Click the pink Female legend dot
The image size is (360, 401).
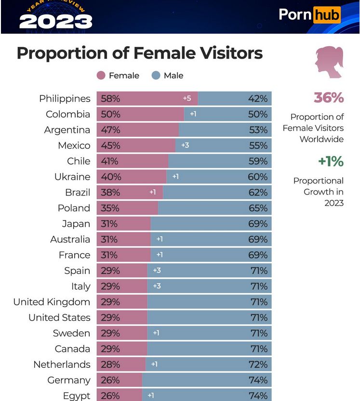click(101, 76)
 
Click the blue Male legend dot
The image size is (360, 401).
click(156, 76)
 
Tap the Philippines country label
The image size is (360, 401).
click(65, 99)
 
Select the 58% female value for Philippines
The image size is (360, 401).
click(110, 99)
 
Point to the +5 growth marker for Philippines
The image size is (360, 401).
click(187, 99)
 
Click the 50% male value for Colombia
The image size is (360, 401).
click(257, 114)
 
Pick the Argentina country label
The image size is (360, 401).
click(67, 130)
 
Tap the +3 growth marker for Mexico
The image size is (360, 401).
click(185, 145)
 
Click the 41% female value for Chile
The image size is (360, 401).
click(110, 161)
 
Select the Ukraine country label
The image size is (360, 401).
click(72, 177)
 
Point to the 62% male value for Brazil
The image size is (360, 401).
click(257, 193)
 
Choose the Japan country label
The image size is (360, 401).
click(76, 224)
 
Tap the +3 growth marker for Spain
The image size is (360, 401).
click(157, 271)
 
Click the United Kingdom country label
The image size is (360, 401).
click(52, 302)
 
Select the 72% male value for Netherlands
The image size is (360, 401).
click(257, 364)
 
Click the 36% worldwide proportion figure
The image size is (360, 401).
click(329, 98)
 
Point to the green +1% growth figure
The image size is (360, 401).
click(331, 161)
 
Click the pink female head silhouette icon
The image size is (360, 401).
click(329, 63)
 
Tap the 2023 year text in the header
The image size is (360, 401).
click(56, 21)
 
